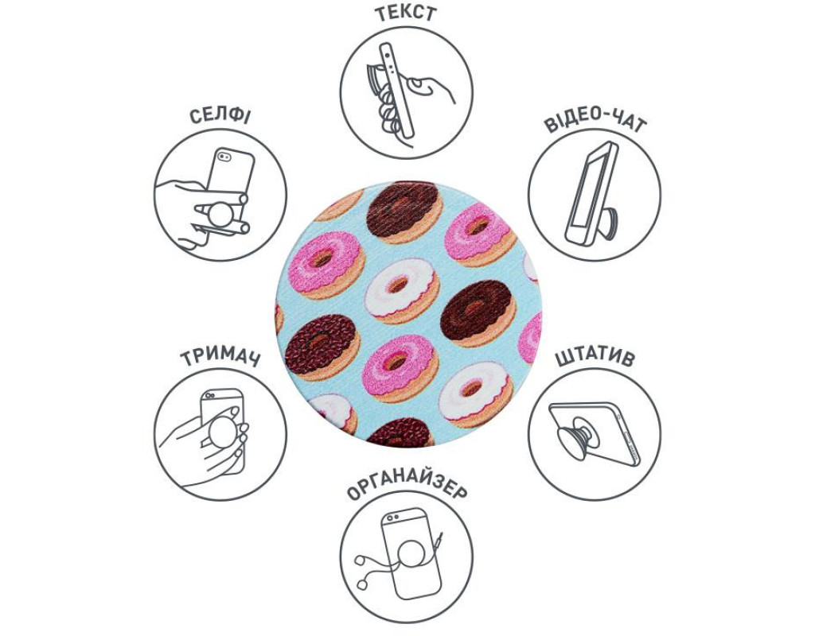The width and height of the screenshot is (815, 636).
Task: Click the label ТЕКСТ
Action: [x=406, y=14]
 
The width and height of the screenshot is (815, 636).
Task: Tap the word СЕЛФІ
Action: [x=220, y=116]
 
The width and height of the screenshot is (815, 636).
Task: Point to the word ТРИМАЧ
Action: [x=220, y=357]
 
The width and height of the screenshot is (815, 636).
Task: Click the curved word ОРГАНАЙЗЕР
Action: [x=406, y=488]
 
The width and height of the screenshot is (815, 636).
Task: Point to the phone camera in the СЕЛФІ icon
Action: [x=224, y=157]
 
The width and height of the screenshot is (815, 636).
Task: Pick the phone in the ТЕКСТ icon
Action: [x=397, y=89]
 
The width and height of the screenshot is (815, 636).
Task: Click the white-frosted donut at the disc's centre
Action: [x=401, y=290]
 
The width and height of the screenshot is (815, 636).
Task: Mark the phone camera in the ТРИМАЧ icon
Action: [x=209, y=395]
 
